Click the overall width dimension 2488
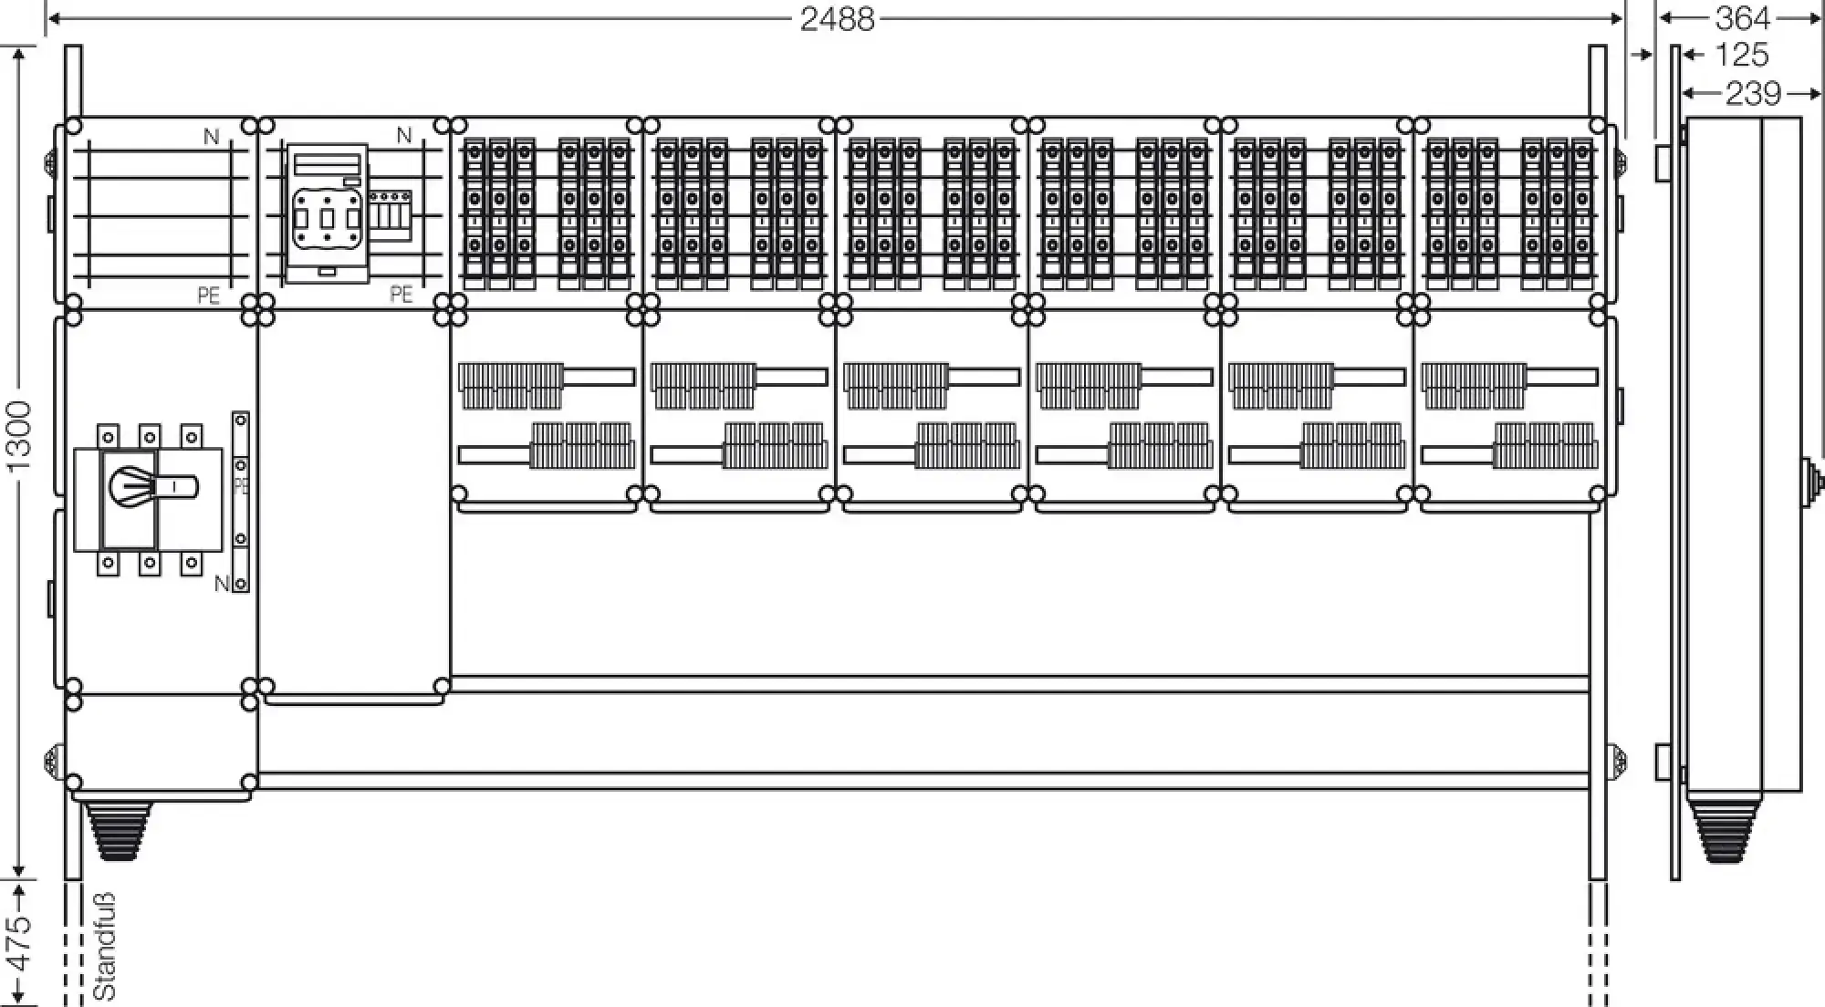pos(837,19)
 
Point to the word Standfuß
pos(105,946)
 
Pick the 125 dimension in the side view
pos(1741,56)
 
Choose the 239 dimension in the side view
pos(1752,93)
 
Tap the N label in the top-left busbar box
pos(211,137)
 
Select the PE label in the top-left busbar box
pos(208,296)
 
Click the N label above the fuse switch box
pos(403,136)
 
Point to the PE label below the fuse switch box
pos(401,294)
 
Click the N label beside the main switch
pos(221,584)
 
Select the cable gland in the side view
pos(1720,830)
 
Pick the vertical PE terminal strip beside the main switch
pos(241,501)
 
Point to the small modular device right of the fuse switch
pos(390,215)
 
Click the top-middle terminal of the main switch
pos(150,437)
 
